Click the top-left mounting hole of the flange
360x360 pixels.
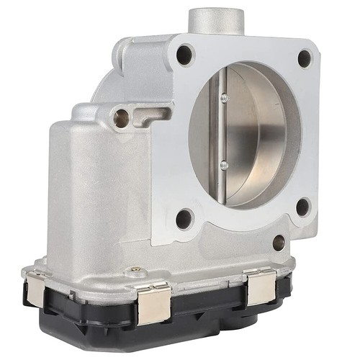pyautogui.click(x=185, y=54)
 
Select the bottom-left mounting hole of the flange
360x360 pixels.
pyautogui.click(x=184, y=217)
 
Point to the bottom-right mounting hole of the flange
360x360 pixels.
pyautogui.click(x=303, y=208)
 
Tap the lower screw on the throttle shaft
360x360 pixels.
pyautogui.click(x=224, y=165)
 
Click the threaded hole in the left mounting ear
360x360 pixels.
pyautogui.click(x=121, y=117)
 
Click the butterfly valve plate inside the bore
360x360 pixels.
pyautogui.click(x=252, y=133)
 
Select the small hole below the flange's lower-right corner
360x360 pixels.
pyautogui.click(x=278, y=243)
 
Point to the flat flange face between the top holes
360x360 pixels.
pyautogui.click(x=245, y=47)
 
